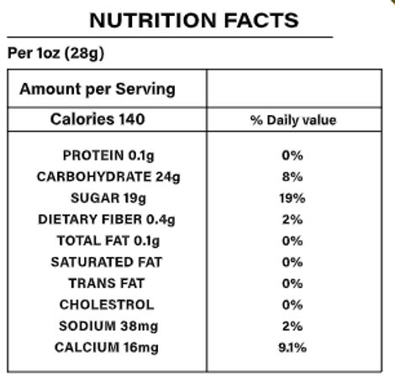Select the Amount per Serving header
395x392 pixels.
point(97,89)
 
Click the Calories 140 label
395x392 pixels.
point(97,119)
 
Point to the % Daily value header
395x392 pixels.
point(292,120)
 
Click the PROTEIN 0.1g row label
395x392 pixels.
point(107,156)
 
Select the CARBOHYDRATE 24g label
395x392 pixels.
point(107,177)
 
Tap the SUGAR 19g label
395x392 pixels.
point(107,199)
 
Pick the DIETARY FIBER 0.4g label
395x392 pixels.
point(107,220)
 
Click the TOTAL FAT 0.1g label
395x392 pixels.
point(107,241)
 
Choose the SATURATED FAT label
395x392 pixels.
point(107,262)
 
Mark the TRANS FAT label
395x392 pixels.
point(107,284)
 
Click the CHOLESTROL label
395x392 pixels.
point(107,305)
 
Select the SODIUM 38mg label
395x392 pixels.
point(107,326)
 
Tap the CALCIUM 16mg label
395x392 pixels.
point(107,348)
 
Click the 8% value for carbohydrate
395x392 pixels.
point(292,177)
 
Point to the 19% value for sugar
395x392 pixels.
point(292,199)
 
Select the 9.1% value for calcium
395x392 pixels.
point(292,348)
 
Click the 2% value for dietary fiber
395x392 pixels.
point(292,220)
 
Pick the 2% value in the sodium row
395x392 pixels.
point(292,326)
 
